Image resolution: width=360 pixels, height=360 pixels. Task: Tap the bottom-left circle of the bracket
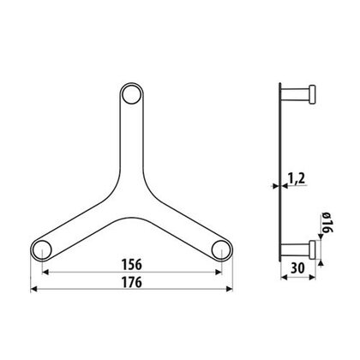(x=40, y=249)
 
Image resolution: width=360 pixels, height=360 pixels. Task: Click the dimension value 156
(x=132, y=265)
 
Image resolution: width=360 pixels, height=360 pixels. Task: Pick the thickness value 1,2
(x=296, y=179)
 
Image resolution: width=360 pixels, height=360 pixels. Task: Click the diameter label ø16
(x=327, y=228)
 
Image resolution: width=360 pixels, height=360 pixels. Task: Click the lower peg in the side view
(x=297, y=249)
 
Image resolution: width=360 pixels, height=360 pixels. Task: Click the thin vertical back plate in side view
(x=282, y=171)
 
